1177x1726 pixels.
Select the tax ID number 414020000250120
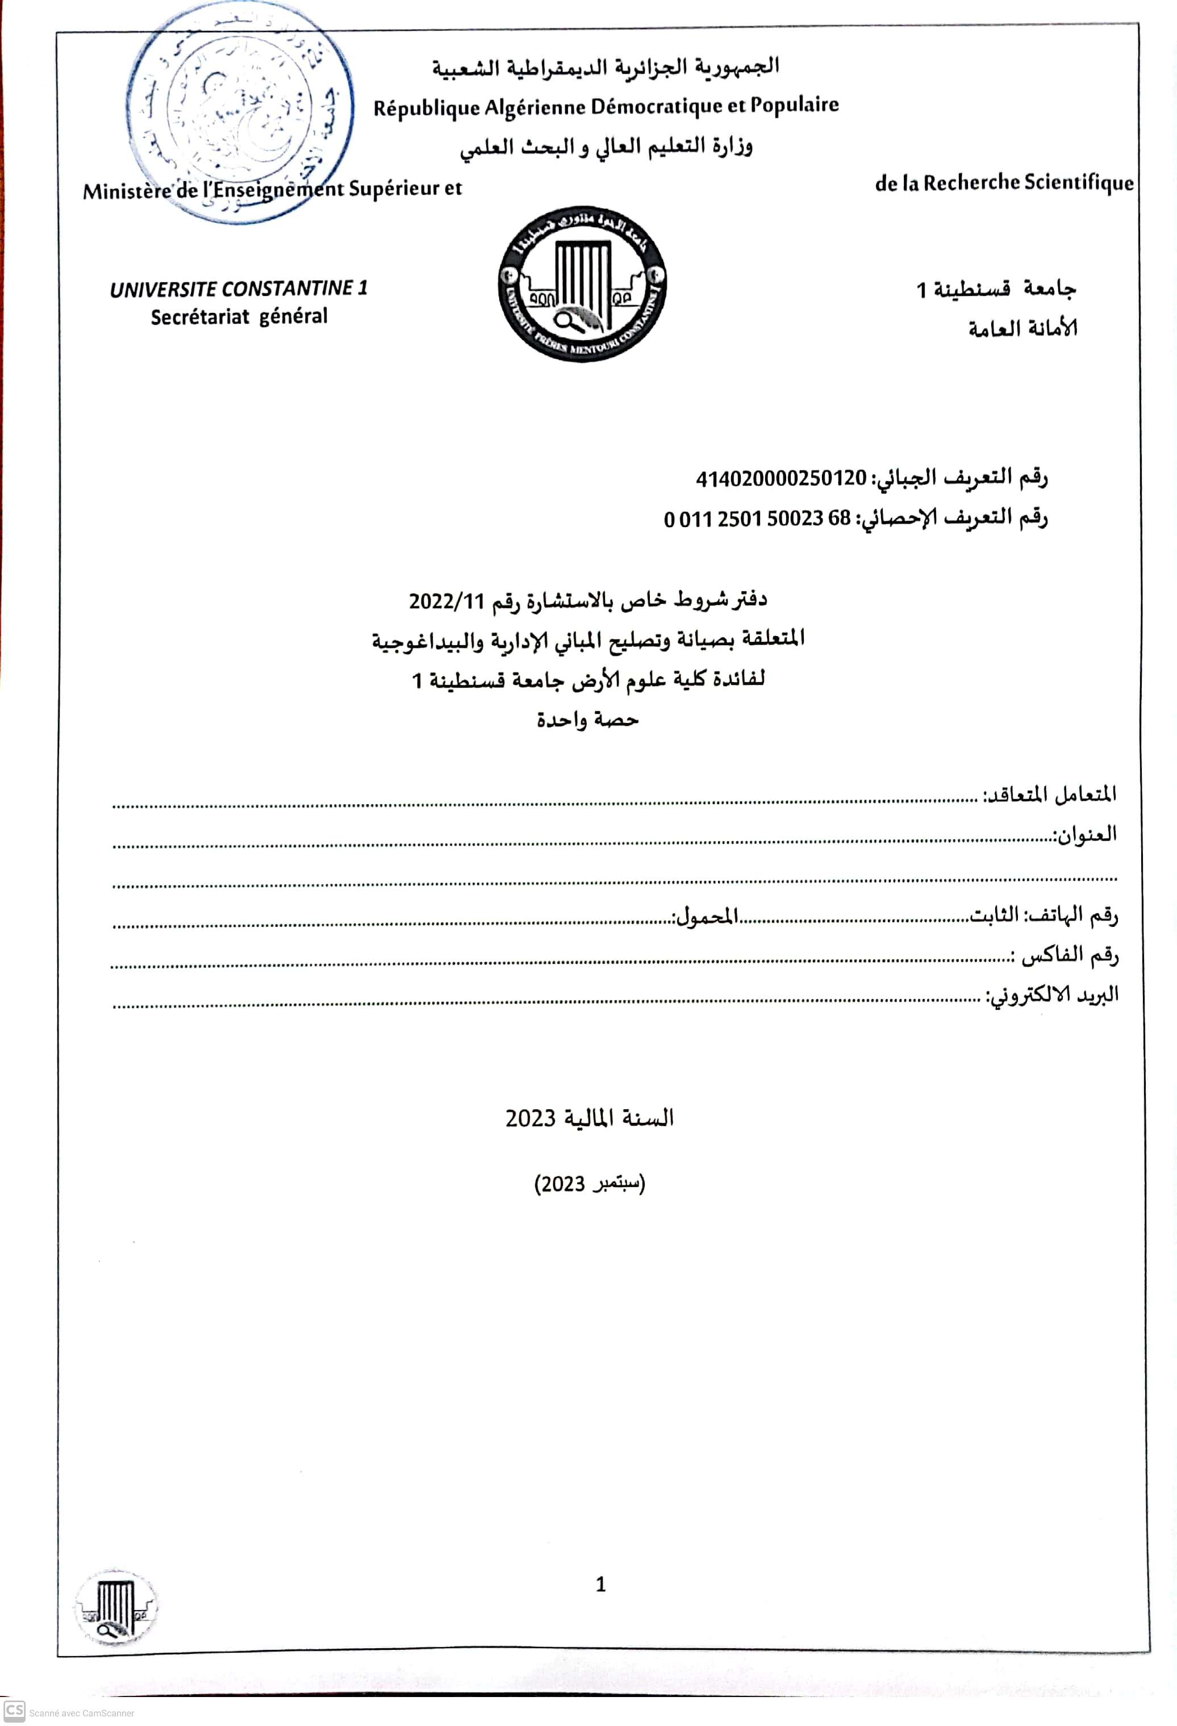[x=781, y=479]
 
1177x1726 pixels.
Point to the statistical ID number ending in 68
[x=757, y=519]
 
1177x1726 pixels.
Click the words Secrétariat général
[x=239, y=317]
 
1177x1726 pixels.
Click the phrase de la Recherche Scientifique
[x=1004, y=183]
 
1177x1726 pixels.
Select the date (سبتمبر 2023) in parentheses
[x=590, y=1184]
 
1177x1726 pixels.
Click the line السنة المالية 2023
[x=590, y=1118]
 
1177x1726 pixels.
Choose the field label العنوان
[x=1085, y=835]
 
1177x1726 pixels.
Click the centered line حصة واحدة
[x=587, y=720]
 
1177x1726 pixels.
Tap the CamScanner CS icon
[x=14, y=1711]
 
